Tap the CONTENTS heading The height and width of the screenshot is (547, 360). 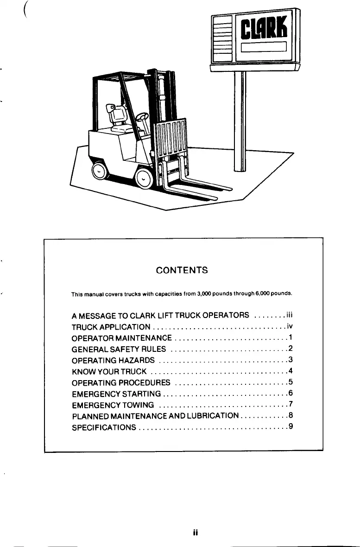coord(182,270)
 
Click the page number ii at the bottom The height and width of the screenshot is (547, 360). coord(196,533)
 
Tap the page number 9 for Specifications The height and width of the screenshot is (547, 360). coord(290,426)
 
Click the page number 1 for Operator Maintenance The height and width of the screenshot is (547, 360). coord(290,337)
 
